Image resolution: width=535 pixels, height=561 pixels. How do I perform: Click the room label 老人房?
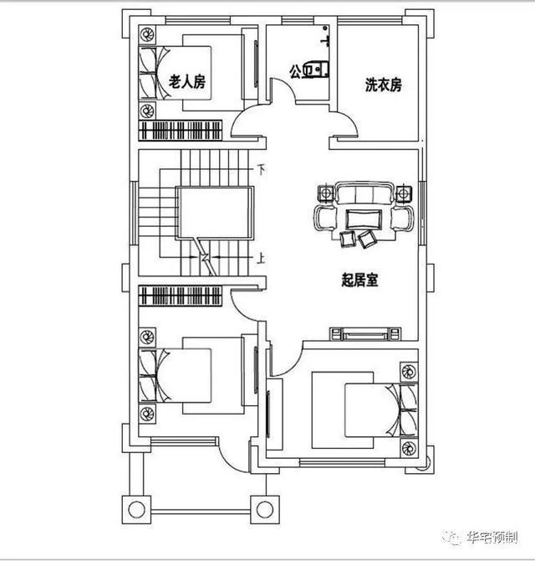[x=187, y=81]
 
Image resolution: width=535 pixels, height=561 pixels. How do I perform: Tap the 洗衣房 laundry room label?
[x=384, y=85]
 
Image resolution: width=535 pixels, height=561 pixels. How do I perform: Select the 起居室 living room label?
[x=360, y=280]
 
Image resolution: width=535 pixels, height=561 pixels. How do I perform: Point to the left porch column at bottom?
[x=135, y=508]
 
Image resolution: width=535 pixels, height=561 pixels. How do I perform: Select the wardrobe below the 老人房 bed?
[x=181, y=131]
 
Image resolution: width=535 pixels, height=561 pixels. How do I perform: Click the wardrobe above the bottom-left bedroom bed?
[x=181, y=296]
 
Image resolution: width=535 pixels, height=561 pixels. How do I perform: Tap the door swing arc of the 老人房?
[x=247, y=123]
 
